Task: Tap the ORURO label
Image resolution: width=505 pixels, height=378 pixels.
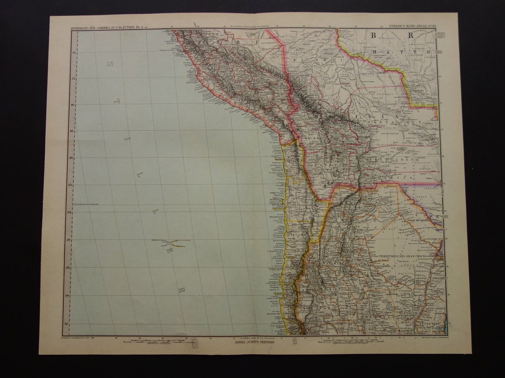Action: (x=311, y=138)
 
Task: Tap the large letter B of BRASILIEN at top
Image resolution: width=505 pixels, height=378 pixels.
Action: (x=375, y=36)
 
